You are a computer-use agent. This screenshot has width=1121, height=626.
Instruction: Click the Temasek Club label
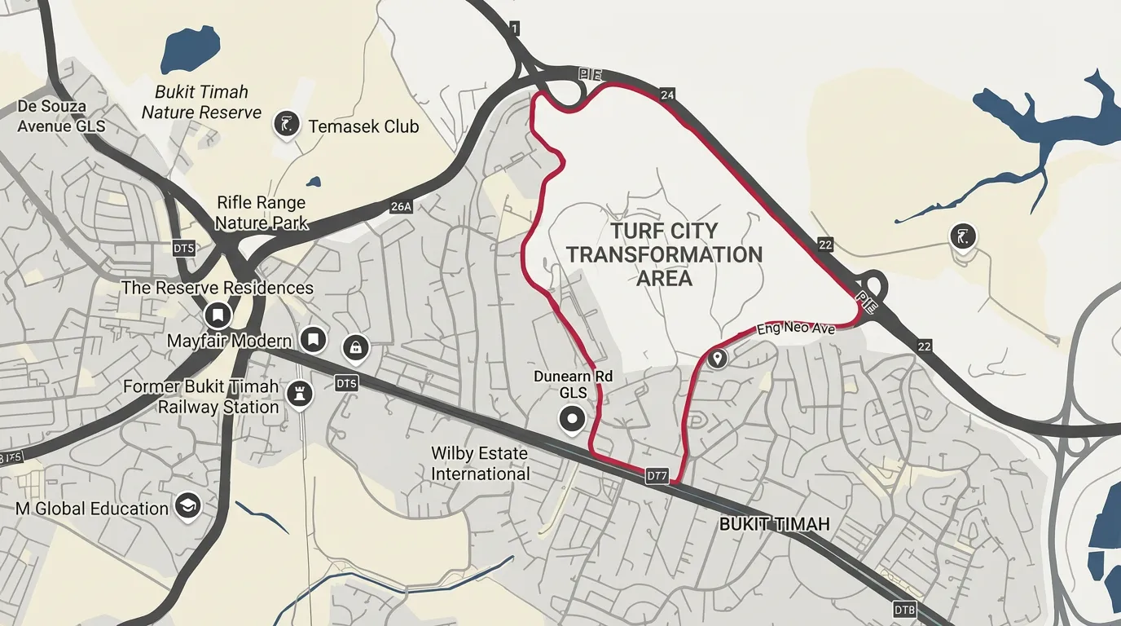363,126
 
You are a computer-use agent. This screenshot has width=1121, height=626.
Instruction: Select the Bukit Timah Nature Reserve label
202,102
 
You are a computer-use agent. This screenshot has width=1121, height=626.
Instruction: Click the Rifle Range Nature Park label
261,212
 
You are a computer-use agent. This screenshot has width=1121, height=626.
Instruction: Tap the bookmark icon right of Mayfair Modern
314,340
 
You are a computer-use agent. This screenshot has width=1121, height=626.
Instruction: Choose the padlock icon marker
355,348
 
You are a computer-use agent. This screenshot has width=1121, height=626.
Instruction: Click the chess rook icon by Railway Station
301,395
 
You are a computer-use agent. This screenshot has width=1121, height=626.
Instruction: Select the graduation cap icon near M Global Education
188,507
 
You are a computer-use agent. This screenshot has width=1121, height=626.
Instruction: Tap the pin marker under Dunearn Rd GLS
572,420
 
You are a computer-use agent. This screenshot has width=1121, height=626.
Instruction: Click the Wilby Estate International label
480,463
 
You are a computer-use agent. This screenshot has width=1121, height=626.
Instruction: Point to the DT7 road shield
657,474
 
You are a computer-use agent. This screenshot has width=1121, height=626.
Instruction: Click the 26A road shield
401,206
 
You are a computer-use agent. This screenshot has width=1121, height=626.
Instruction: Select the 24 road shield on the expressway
668,95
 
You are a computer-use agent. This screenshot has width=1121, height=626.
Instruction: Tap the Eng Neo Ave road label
796,328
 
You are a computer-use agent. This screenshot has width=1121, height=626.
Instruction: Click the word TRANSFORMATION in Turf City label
665,254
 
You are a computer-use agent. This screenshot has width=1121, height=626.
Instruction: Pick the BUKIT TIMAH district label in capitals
774,524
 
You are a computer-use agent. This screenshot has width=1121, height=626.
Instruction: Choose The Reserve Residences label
217,288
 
